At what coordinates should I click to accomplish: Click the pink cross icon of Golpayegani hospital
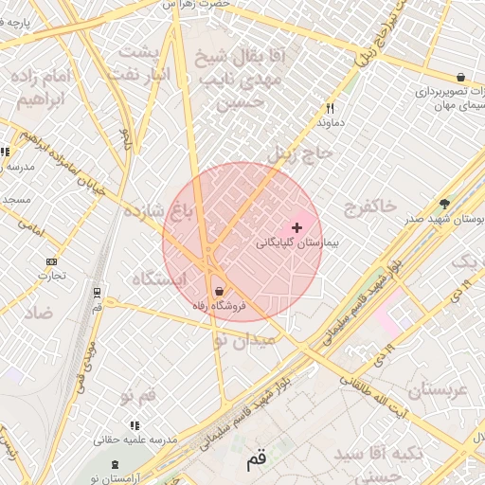pos(297,227)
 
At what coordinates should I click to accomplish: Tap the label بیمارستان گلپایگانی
pos(296,243)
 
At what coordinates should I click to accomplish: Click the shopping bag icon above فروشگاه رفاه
pos(219,291)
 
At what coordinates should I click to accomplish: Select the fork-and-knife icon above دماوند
pos(330,108)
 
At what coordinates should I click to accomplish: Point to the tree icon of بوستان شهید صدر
pos(444,203)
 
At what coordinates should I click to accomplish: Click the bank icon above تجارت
pos(50,262)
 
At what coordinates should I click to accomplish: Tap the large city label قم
pos(257,460)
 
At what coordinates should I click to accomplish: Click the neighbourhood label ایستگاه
pos(156,279)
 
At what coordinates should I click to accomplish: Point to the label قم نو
pos(138,393)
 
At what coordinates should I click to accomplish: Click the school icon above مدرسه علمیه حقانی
pos(135,425)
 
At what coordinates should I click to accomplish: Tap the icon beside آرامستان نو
pos(116,464)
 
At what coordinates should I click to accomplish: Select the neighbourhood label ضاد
pos(39,313)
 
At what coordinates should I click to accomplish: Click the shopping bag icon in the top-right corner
pos(460,77)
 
